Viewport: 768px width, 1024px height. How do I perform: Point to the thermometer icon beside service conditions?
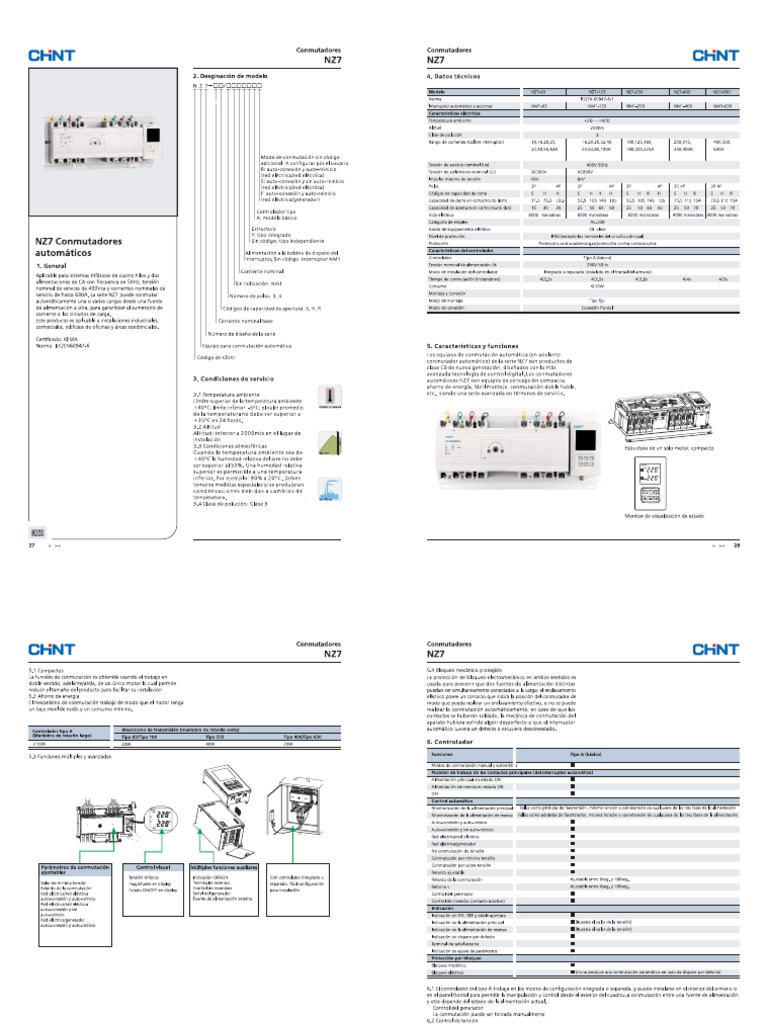pos(354,396)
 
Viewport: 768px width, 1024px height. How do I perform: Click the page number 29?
pos(737,546)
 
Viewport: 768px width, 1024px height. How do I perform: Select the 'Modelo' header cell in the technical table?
pos(436,91)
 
